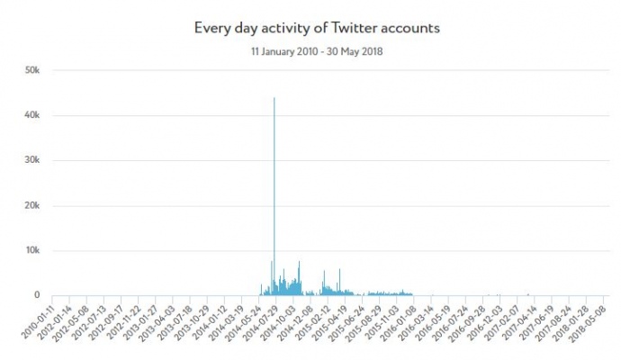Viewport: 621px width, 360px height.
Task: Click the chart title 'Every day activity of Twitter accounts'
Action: coord(316,28)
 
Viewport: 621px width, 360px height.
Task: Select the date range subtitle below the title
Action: coord(316,51)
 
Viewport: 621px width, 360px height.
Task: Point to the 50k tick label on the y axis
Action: coord(31,70)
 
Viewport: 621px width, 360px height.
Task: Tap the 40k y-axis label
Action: coord(31,115)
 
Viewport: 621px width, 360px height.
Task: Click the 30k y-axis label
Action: coord(31,160)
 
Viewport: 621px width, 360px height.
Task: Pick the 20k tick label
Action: coord(31,205)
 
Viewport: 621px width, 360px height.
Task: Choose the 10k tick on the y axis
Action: coord(31,250)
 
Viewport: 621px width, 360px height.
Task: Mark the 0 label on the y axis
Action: coord(37,295)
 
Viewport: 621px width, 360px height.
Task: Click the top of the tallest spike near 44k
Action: coord(274,98)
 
